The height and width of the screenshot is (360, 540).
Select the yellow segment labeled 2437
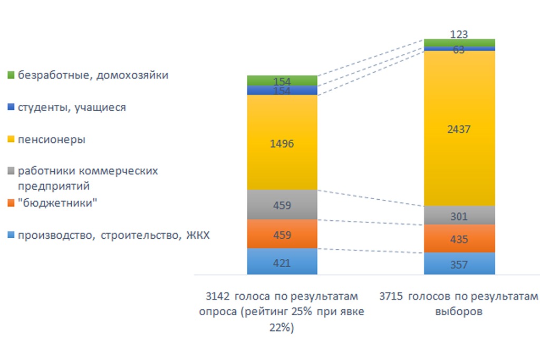pos(459,128)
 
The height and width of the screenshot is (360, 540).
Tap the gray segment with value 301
pos(459,215)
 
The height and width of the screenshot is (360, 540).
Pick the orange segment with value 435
pos(459,239)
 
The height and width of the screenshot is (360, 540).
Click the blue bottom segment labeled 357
pos(459,264)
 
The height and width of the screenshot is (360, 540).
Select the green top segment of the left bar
pos(282,80)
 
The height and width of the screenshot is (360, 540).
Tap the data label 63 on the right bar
pos(459,50)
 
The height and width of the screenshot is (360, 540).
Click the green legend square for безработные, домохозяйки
pos(11,75)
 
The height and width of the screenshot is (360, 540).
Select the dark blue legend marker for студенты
pos(11,108)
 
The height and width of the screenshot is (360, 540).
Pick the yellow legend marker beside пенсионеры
pos(11,140)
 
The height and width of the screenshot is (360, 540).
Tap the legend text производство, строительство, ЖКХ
pos(113,236)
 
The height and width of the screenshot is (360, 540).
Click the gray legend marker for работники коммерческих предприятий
pos(11,172)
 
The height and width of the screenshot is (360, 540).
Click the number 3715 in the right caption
pos(391,296)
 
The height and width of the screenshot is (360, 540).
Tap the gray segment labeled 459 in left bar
pos(282,204)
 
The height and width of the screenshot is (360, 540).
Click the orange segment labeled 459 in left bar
pos(282,234)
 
